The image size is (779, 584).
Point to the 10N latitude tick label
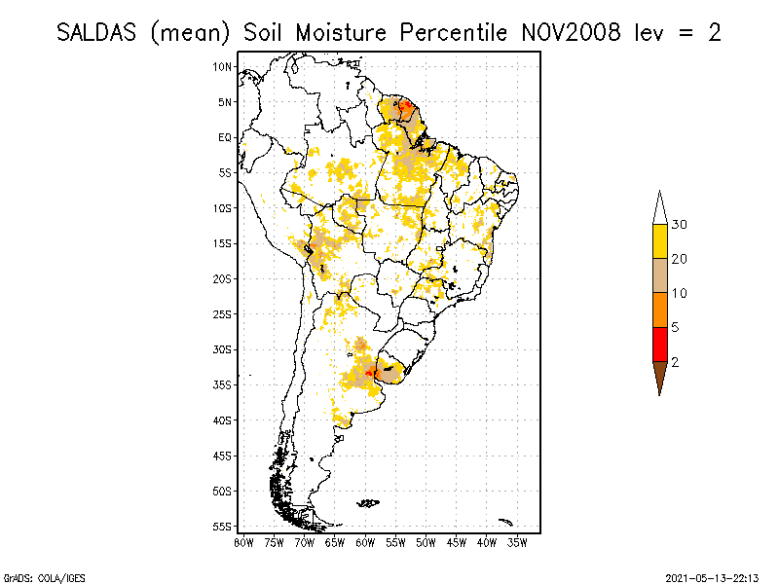222,66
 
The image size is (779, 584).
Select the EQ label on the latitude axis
224,137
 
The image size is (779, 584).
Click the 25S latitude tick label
222,313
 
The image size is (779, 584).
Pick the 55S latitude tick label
222,526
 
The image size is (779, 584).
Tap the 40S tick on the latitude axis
222,420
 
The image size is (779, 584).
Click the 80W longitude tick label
243,542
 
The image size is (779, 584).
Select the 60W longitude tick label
365,542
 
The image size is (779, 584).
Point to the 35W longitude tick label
517,542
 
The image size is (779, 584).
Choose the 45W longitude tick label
456,542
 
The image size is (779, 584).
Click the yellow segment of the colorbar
659,241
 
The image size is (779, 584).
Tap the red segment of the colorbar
659,344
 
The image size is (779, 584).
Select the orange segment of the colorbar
659,310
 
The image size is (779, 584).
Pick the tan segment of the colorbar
659,275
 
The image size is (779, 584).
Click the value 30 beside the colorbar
680,225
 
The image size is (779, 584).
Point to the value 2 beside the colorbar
675,361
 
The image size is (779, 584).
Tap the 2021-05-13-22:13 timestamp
711,576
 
